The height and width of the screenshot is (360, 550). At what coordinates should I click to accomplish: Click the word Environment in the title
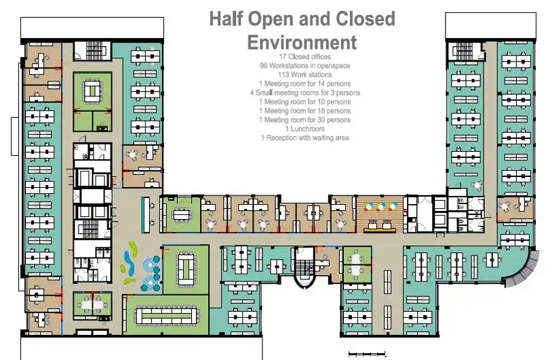coord(302,43)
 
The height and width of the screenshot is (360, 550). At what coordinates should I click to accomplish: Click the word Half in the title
coord(227,19)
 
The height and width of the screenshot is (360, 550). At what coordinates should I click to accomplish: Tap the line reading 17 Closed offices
coord(305,57)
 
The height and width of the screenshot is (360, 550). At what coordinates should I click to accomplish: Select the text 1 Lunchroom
coord(305,129)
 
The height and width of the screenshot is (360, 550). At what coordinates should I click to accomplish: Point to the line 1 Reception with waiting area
coord(305,138)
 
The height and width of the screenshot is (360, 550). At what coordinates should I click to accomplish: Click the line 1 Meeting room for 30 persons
coord(305,120)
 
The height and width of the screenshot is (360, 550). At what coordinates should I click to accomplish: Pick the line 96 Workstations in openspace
coord(305,66)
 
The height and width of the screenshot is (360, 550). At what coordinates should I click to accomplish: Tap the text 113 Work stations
coord(305,75)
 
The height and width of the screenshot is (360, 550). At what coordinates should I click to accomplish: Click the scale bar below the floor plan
coord(367,354)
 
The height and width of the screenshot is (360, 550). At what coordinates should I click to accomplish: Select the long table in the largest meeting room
coord(166,316)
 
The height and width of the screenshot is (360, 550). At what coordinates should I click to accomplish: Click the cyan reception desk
coord(146,215)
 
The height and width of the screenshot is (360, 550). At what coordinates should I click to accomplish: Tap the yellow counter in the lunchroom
coord(380,230)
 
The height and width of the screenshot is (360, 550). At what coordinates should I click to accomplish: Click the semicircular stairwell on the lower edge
coord(304,267)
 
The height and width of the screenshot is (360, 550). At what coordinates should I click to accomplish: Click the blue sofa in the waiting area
coord(128,261)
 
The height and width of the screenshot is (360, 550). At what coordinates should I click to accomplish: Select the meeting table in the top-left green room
coord(92,91)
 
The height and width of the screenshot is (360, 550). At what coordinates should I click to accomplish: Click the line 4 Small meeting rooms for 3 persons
coord(305,93)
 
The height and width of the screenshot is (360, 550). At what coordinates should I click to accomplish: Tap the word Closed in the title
coord(366,19)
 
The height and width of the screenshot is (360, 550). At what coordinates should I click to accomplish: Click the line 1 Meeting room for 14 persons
coord(305,84)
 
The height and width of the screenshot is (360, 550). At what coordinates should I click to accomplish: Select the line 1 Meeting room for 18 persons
coord(305,111)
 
